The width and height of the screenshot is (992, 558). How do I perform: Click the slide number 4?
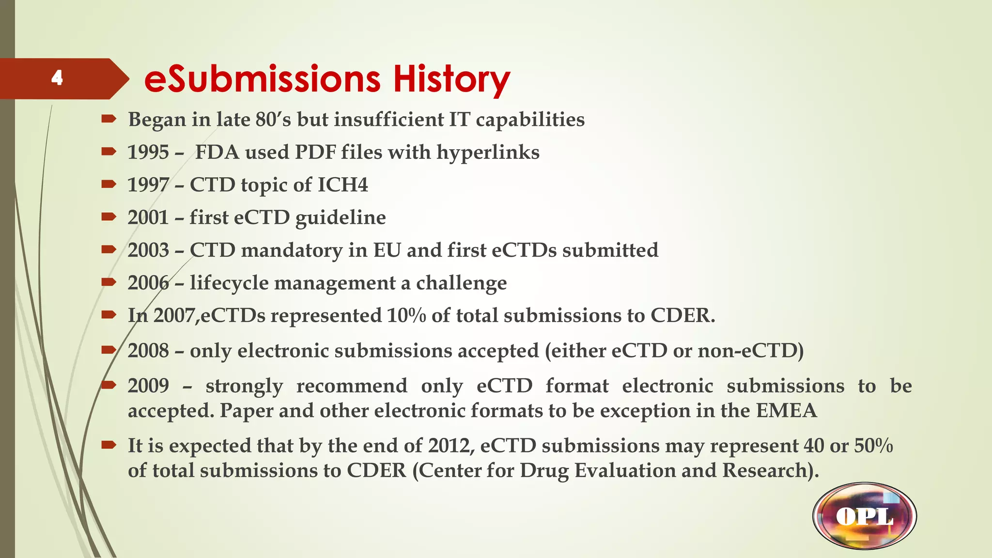coord(57,77)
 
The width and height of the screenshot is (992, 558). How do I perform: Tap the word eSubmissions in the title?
coord(262,79)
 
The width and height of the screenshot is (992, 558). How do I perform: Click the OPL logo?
coord(865,516)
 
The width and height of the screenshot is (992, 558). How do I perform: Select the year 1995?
coord(148,153)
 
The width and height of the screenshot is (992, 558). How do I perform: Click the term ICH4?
coord(342,185)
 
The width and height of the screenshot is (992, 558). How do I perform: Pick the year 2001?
coord(148,217)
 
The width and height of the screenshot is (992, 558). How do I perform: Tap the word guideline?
coord(341,218)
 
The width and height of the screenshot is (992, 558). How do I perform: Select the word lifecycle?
coord(229,283)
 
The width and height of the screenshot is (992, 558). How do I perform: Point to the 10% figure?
coord(406,316)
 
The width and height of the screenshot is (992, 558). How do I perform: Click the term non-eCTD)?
coord(750,351)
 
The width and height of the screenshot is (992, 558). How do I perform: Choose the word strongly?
coord(244,386)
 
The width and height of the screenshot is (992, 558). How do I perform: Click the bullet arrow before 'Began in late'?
coord(108,119)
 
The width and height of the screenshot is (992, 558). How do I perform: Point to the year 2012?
coord(450,446)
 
